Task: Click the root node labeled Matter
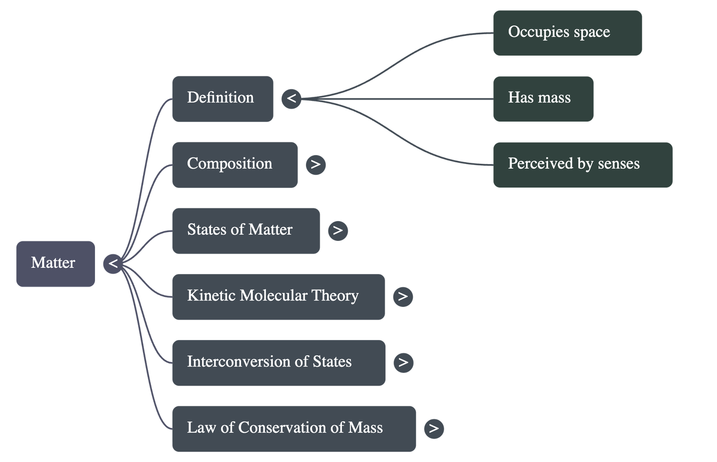[x=55, y=263]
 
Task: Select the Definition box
[x=222, y=98]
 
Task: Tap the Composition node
[x=234, y=164]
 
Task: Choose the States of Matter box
[x=246, y=230]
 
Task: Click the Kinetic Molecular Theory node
[x=278, y=296]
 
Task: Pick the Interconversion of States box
[x=278, y=362]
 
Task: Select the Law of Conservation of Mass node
[x=294, y=428]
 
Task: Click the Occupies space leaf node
[x=567, y=32]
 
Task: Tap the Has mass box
[x=543, y=98]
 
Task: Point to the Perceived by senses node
[x=583, y=164]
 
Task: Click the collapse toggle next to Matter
[x=113, y=263]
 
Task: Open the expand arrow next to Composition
[x=315, y=164]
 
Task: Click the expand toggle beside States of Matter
[x=338, y=231]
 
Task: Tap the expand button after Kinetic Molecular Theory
[x=403, y=296]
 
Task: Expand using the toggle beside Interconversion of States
[x=403, y=362]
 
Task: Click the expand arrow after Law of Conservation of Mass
[x=433, y=428]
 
